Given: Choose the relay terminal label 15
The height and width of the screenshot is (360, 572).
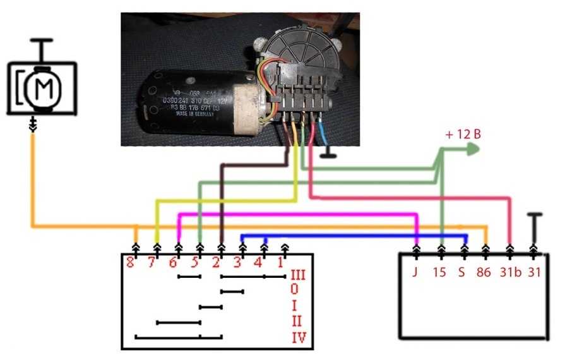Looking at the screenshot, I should pyautogui.click(x=440, y=273).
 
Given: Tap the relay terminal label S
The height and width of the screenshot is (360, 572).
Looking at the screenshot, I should pyautogui.click(x=465, y=273).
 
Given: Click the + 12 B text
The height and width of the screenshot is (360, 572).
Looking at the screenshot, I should pyautogui.click(x=462, y=134).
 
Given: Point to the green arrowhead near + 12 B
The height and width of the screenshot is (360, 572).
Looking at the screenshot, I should pyautogui.click(x=473, y=149).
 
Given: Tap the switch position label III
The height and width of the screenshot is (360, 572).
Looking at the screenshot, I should pyautogui.click(x=298, y=276).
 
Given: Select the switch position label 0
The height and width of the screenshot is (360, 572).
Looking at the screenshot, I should pyautogui.click(x=295, y=291).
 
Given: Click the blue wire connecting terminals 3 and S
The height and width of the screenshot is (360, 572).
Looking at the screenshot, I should pyautogui.click(x=354, y=236).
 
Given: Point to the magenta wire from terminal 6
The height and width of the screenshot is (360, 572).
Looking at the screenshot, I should pyautogui.click(x=297, y=214).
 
